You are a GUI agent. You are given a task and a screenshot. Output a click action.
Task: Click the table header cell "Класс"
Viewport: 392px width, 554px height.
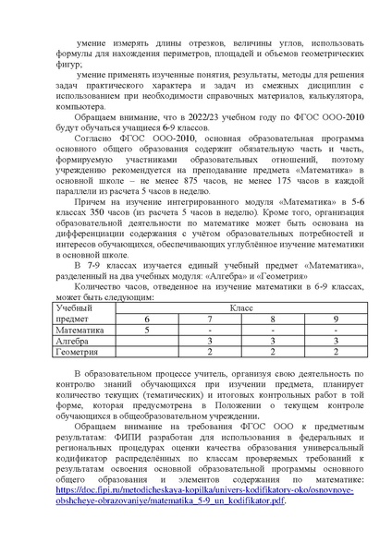241,304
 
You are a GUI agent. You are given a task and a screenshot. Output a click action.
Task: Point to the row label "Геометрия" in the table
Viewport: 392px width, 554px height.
78,352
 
